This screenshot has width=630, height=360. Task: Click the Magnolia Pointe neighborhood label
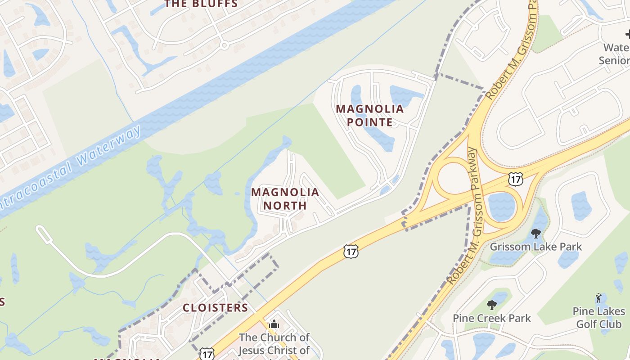click(370, 115)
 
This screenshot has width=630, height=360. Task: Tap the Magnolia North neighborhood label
click(285, 199)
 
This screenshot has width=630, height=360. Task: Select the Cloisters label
click(215, 308)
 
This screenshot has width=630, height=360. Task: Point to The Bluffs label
click(201, 4)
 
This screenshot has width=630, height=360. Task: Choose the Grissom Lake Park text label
click(535, 247)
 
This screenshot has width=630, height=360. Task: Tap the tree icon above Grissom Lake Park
click(535, 233)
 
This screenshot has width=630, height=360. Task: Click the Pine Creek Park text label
click(491, 318)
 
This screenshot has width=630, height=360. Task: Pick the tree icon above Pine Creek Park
click(491, 305)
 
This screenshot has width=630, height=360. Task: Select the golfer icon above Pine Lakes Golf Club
click(598, 297)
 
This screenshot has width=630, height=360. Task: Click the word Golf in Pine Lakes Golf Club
click(599, 324)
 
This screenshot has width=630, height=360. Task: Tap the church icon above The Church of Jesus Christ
click(274, 324)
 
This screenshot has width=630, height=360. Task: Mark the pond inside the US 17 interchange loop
click(501, 207)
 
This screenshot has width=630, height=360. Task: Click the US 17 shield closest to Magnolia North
click(351, 251)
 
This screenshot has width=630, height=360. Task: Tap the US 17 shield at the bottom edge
click(207, 354)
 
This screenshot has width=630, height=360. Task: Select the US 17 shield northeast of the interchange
click(515, 179)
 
